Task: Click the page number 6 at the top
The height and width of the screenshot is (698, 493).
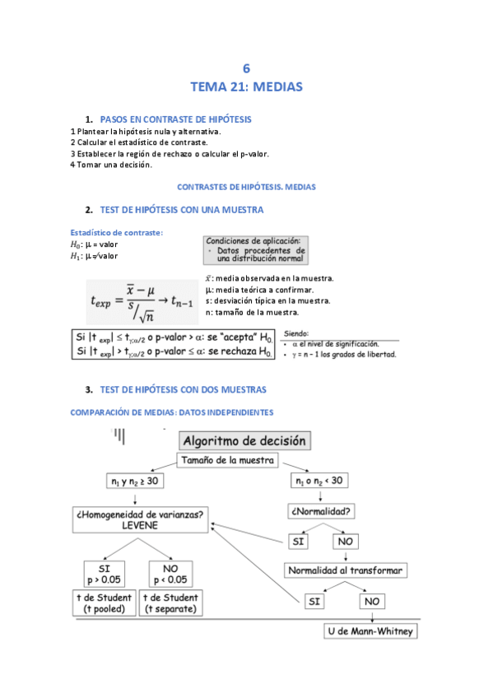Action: [x=246, y=68]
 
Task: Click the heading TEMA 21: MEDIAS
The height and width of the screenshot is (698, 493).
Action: [x=246, y=86]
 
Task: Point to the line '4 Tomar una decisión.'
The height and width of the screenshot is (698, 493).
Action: [x=111, y=165]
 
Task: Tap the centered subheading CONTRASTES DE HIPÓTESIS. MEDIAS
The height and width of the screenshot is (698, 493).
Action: [x=246, y=188]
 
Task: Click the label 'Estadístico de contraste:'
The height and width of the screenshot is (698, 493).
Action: [x=117, y=232]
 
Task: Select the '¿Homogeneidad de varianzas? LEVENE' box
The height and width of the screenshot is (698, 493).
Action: [x=139, y=519]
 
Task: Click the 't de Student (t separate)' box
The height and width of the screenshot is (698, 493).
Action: [x=170, y=603]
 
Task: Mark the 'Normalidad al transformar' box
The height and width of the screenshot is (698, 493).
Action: [x=346, y=570]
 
